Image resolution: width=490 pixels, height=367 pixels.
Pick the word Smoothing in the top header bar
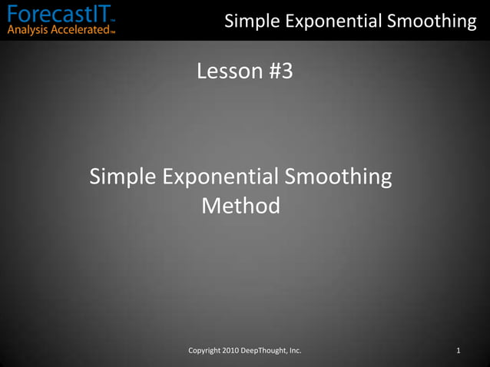pos(432,21)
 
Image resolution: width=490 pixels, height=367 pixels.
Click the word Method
pos(240,206)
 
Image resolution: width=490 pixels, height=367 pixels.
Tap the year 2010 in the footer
pos(235,351)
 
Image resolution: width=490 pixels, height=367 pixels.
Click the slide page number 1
pos(458,351)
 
